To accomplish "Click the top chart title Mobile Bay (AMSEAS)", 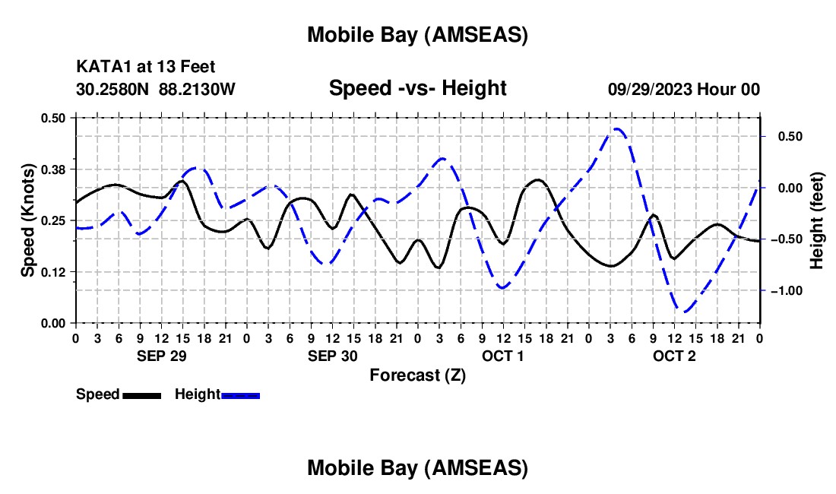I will pyautogui.click(x=417, y=34).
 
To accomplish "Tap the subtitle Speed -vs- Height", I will pyautogui.click(x=417, y=88).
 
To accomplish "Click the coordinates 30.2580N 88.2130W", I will pyautogui.click(x=156, y=90).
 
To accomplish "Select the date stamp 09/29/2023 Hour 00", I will pyautogui.click(x=683, y=90).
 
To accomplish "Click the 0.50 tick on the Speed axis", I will pyautogui.click(x=54, y=118).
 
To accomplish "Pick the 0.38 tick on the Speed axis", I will pyautogui.click(x=54, y=169).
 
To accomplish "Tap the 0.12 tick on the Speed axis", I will pyautogui.click(x=54, y=272).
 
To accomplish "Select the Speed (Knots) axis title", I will pyautogui.click(x=27, y=220).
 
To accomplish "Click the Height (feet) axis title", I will pyautogui.click(x=817, y=220).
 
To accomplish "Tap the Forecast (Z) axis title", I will pyautogui.click(x=417, y=375).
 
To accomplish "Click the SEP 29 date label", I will pyautogui.click(x=161, y=356).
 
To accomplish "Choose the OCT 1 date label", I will pyautogui.click(x=503, y=356).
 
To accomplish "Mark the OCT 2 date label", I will pyautogui.click(x=674, y=356).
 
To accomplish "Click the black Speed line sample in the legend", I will pyautogui.click(x=141, y=395).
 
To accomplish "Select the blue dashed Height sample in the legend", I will pyautogui.click(x=240, y=395).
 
